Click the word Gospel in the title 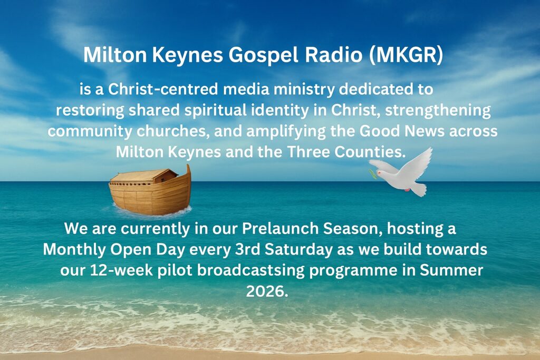(263, 55)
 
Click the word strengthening (438, 111)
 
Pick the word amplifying (286, 132)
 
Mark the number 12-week (121, 270)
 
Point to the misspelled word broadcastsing (250, 271)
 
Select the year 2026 (267, 291)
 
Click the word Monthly (74, 250)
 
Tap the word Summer (451, 270)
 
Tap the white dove (401, 173)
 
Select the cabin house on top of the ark (143, 176)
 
